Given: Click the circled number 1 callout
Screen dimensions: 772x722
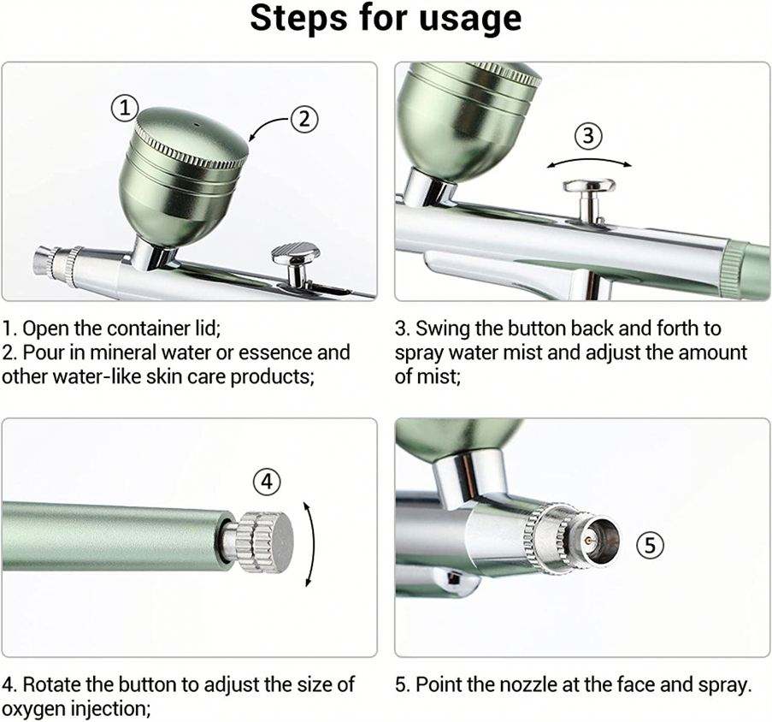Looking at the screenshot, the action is pyautogui.click(x=124, y=108).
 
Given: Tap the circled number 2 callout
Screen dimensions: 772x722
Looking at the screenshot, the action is pyautogui.click(x=304, y=119).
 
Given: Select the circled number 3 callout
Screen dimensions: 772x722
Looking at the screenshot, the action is pyautogui.click(x=589, y=135).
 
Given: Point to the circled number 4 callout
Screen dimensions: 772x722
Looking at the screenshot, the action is pyautogui.click(x=267, y=481).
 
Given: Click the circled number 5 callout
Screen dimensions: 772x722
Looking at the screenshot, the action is pyautogui.click(x=651, y=545).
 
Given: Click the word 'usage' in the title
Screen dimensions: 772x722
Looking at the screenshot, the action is pyautogui.click(x=470, y=19).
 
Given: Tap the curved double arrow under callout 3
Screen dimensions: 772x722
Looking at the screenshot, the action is pyautogui.click(x=589, y=161).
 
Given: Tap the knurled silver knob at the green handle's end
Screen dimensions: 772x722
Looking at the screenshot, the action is pyautogui.click(x=263, y=542).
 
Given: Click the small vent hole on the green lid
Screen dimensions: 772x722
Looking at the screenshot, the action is pyautogui.click(x=196, y=125).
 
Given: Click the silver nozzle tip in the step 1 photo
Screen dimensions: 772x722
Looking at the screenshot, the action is pyautogui.click(x=44, y=261).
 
